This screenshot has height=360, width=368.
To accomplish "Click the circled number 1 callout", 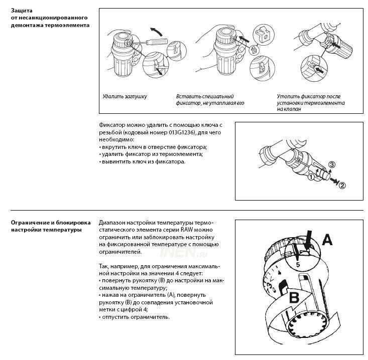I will pos(311,176).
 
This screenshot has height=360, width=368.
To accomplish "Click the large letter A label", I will pos(327,240).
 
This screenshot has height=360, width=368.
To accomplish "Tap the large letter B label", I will pos(294,297).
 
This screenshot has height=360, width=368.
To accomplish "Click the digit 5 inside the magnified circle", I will pos(298,264).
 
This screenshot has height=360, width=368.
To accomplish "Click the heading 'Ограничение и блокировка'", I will pos(51,223).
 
